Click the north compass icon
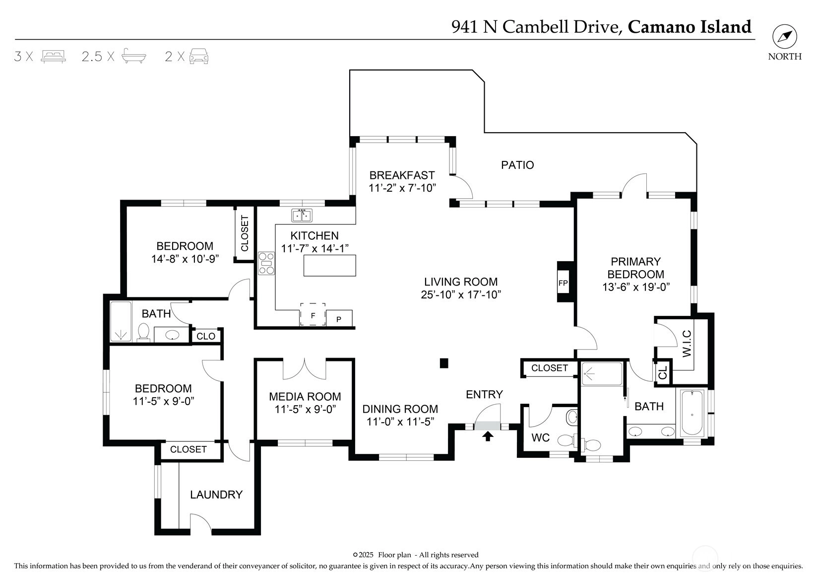pos(784,37)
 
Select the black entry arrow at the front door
pos(488,436)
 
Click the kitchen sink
pos(301,216)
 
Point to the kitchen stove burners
pos(266,263)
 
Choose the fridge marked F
pos(313,315)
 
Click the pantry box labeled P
pos(339,319)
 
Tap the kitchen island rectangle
pos(330,265)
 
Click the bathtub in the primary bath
pos(691,412)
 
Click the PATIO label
pos(517,165)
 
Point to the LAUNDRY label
pos(216,495)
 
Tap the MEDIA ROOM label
pos(305,397)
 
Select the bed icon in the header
pos(54,56)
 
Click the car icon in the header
pos(198,56)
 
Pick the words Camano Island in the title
pos(690,26)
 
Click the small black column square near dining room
pos(444,363)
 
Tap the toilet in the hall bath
pos(144,332)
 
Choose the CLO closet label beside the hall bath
pos(206,336)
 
